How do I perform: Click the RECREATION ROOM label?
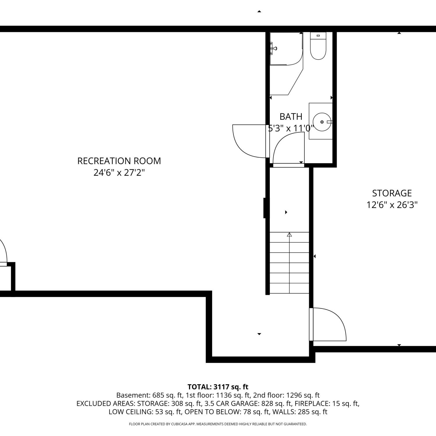119,161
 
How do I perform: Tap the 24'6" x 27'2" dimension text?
119,173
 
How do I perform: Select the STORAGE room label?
392,193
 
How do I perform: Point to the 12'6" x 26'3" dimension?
392,205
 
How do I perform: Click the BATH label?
291,117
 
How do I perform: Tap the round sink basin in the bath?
321,121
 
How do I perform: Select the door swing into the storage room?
328,324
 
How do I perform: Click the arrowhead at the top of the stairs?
289,234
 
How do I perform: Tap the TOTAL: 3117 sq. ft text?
218,387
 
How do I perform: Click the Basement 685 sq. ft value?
149,395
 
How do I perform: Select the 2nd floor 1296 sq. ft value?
286,395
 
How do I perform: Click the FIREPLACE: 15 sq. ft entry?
327,403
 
